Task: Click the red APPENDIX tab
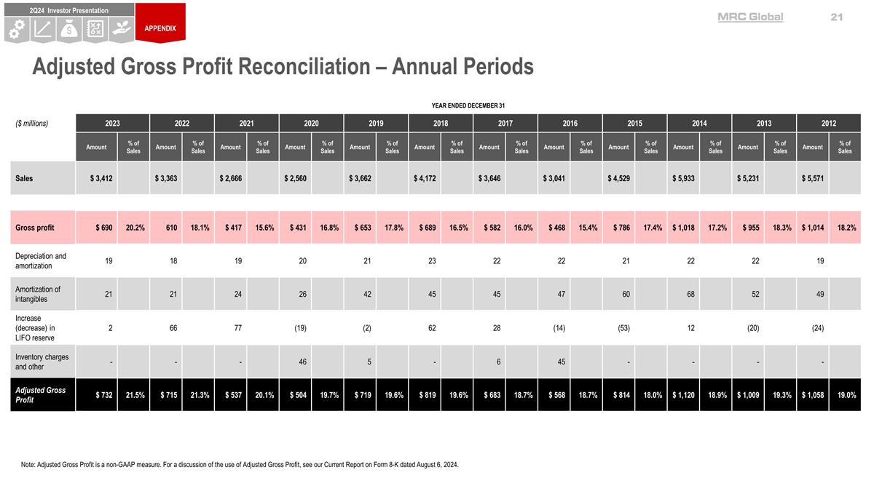click(x=160, y=28)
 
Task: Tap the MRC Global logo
click(x=750, y=17)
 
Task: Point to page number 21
click(x=836, y=17)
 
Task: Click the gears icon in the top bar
click(x=17, y=29)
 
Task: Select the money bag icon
click(x=70, y=29)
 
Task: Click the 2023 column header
click(x=113, y=123)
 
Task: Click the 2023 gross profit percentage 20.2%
click(x=134, y=228)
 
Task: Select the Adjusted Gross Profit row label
click(x=41, y=395)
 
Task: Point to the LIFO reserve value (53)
click(x=624, y=328)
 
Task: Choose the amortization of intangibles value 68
click(x=690, y=294)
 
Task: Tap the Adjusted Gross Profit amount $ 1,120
click(x=685, y=395)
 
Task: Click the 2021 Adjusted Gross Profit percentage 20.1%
click(x=263, y=395)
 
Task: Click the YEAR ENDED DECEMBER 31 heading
click(x=468, y=106)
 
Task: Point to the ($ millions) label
click(x=32, y=123)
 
